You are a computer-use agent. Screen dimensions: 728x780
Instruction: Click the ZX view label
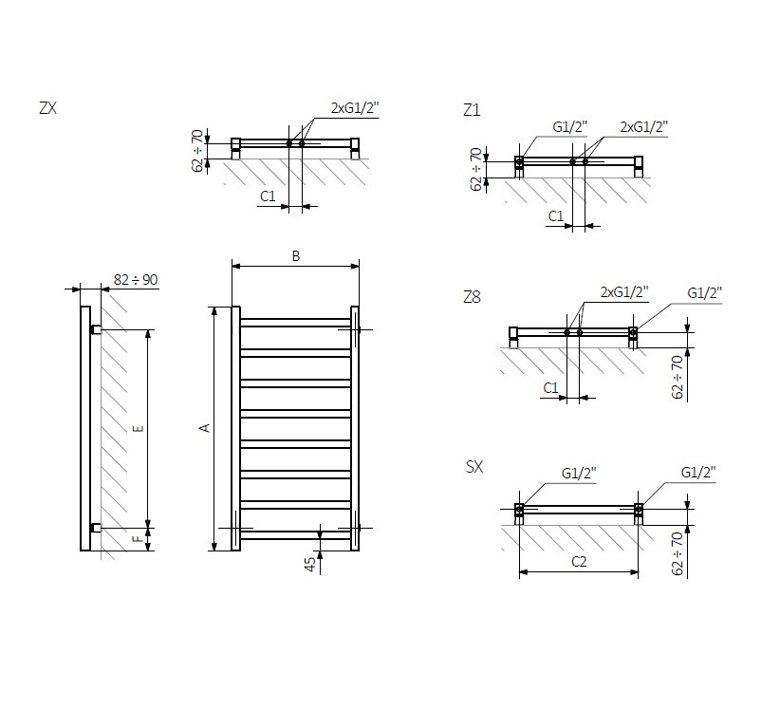pyautogui.click(x=47, y=108)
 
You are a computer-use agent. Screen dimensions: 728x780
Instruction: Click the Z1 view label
pyautogui.click(x=472, y=111)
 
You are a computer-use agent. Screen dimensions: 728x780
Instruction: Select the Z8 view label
pyautogui.click(x=472, y=298)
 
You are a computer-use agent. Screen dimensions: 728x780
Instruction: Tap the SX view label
pyautogui.click(x=474, y=466)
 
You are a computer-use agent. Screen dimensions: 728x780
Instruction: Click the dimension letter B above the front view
pyautogui.click(x=295, y=256)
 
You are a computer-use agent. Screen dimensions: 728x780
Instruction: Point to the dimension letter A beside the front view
pyautogui.click(x=204, y=428)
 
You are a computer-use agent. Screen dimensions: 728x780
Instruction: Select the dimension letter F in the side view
pyautogui.click(x=138, y=539)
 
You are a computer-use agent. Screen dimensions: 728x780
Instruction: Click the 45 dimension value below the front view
pyautogui.click(x=309, y=563)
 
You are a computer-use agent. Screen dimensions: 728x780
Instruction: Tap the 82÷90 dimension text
pyautogui.click(x=136, y=279)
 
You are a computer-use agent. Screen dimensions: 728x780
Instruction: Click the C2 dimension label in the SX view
pyautogui.click(x=578, y=562)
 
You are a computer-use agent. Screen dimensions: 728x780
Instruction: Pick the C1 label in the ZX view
pyautogui.click(x=267, y=196)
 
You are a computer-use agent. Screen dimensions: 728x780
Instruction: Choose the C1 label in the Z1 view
pyautogui.click(x=556, y=216)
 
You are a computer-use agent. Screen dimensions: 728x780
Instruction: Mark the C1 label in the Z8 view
pyautogui.click(x=550, y=388)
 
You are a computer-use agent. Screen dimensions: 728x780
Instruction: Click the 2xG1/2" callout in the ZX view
pyautogui.click(x=355, y=108)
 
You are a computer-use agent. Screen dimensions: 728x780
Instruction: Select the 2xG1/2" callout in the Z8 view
pyautogui.click(x=624, y=291)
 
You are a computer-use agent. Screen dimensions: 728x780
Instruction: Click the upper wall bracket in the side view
pyautogui.click(x=96, y=329)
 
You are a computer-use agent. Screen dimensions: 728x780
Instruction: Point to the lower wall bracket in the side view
pyautogui.click(x=96, y=527)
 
